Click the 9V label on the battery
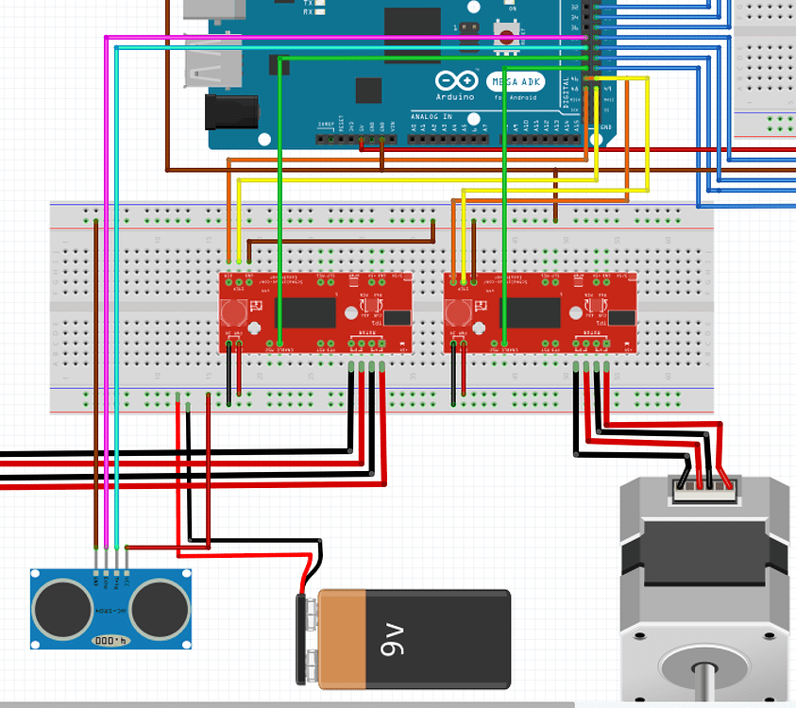(396, 638)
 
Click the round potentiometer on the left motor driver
(234, 312)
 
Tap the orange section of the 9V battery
(343, 638)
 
